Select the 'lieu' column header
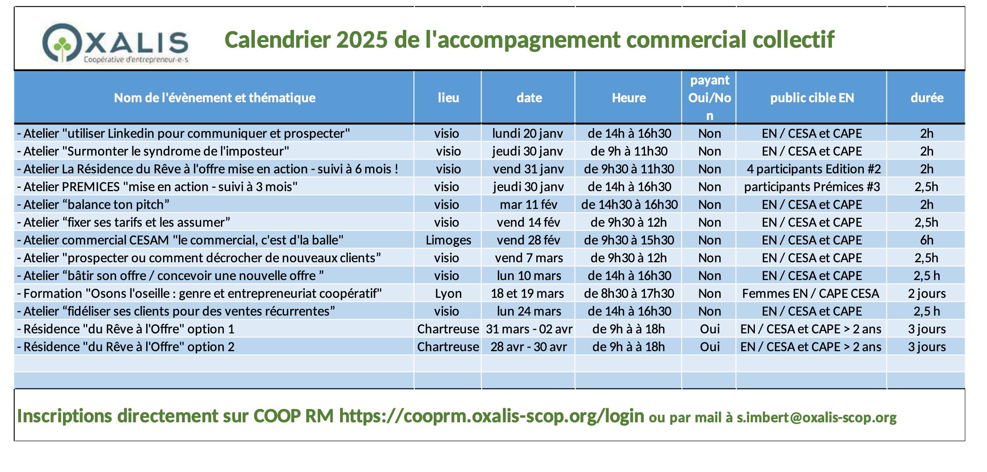448,98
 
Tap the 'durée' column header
927,98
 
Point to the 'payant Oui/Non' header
710,98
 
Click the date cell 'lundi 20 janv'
527,133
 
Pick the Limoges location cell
448,240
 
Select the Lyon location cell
448,293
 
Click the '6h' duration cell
927,240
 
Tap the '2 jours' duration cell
927,293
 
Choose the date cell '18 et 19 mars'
527,293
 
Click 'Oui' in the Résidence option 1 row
710,329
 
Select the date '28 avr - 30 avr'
529,347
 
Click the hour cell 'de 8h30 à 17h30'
629,293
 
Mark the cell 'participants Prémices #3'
812,187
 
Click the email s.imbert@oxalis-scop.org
816,417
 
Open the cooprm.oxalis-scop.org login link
491,416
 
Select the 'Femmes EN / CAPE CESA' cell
811,293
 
